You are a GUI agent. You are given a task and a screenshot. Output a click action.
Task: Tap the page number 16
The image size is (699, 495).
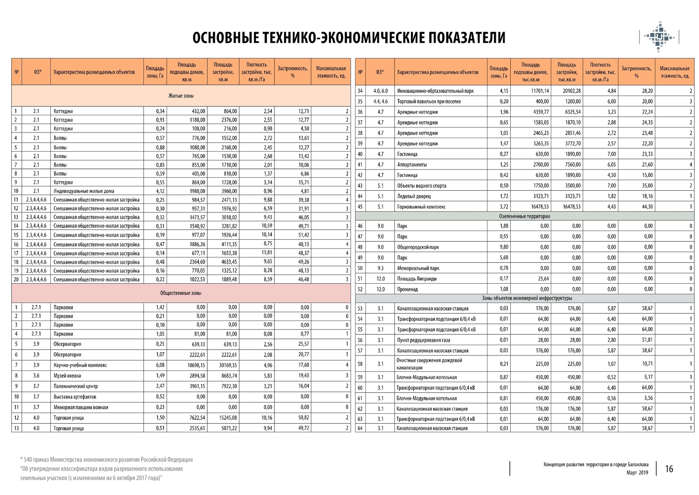click(x=669, y=469)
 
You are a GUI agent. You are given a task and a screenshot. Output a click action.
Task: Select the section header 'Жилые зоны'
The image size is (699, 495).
click(x=181, y=96)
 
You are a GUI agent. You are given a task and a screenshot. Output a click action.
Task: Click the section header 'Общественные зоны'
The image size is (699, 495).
click(x=181, y=293)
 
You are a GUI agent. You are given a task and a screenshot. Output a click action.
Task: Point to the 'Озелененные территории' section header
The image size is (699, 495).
click(x=524, y=216)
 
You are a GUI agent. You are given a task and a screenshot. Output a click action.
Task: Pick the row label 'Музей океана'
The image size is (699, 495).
click(x=67, y=376)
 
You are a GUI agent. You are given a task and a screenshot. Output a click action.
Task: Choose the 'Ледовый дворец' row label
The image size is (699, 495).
click(x=414, y=196)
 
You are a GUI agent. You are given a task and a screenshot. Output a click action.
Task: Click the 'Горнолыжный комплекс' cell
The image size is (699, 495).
click(x=421, y=207)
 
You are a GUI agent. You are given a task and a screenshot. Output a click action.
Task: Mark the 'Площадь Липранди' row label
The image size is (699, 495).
click(x=417, y=279)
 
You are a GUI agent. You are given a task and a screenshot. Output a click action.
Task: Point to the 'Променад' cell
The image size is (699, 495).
click(x=407, y=289)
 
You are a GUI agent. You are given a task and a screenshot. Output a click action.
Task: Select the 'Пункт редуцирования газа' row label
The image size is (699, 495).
click(x=423, y=340)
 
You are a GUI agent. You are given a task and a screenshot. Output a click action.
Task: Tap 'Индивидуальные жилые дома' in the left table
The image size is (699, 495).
click(x=84, y=191)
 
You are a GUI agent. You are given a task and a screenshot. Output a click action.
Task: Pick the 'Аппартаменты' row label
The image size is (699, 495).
click(x=412, y=165)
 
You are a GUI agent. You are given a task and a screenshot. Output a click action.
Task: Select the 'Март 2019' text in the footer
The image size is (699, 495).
click(x=637, y=473)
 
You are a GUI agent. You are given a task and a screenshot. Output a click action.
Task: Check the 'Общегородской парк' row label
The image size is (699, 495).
click(x=418, y=247)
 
